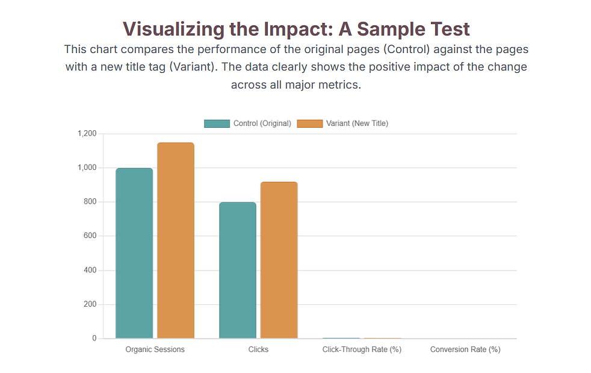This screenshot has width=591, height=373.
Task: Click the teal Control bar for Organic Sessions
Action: tap(134, 253)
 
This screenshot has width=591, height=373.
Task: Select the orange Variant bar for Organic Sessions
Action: tap(176, 240)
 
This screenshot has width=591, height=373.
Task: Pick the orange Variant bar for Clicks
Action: tap(279, 260)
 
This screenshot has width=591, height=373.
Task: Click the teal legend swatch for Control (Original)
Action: tap(217, 124)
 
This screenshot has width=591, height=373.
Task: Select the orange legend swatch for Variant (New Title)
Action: tap(310, 124)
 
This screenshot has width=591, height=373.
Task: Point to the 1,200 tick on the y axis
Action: tap(87, 133)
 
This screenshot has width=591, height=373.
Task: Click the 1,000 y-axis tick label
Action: tap(87, 168)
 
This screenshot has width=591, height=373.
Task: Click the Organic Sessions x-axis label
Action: tap(155, 349)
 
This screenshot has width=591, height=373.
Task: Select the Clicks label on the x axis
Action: tap(258, 349)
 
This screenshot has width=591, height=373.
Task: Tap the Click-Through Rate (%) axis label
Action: tap(362, 349)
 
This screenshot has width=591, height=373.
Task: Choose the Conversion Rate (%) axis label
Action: tap(465, 349)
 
